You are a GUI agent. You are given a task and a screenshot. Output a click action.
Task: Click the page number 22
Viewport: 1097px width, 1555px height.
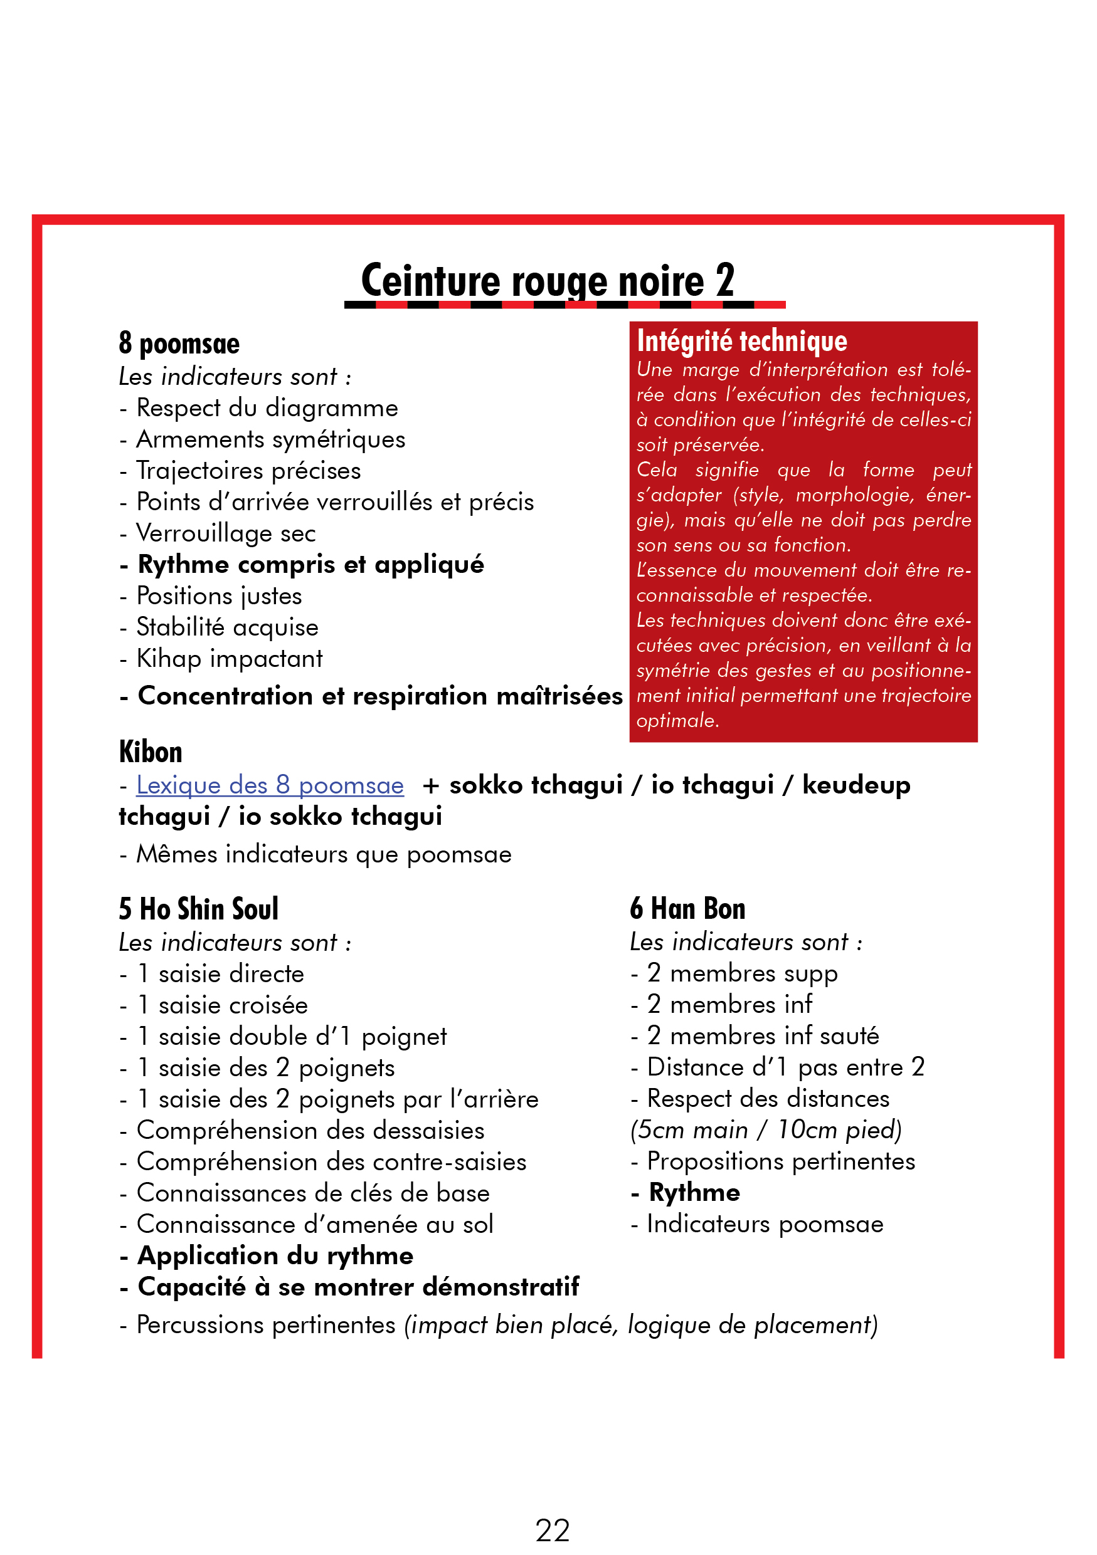(x=551, y=1529)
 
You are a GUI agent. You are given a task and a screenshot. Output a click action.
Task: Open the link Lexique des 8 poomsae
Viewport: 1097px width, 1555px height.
(x=270, y=785)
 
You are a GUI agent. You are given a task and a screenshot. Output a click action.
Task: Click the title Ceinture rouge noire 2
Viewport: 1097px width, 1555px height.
(x=548, y=280)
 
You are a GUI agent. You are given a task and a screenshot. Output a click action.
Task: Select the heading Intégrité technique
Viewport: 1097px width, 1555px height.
(x=741, y=341)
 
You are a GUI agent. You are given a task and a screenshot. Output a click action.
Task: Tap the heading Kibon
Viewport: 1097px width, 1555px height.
(x=151, y=751)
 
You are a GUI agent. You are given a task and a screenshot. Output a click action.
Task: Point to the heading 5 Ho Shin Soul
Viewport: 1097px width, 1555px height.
(x=199, y=908)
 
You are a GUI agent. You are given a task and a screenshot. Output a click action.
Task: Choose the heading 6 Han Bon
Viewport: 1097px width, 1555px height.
(x=687, y=908)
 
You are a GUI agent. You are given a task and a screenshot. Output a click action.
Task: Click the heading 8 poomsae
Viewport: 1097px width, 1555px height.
(x=179, y=343)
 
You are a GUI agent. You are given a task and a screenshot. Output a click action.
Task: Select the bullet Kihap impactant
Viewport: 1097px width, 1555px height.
(x=229, y=658)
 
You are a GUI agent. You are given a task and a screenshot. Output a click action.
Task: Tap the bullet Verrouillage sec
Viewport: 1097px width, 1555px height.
(x=226, y=533)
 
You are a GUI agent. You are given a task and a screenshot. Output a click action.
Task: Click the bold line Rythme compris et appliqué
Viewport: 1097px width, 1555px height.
(x=310, y=564)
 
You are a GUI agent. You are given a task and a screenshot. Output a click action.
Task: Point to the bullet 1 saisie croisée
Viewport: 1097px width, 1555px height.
(x=222, y=1005)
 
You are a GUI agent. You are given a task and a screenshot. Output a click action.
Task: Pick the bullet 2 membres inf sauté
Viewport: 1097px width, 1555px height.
(x=762, y=1035)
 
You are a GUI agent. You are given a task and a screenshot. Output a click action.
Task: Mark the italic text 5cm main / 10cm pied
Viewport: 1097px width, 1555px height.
(x=766, y=1129)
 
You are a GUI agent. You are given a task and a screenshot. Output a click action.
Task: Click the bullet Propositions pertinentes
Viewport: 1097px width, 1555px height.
(x=781, y=1161)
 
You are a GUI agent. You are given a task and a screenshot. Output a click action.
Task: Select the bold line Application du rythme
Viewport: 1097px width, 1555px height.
(x=275, y=1255)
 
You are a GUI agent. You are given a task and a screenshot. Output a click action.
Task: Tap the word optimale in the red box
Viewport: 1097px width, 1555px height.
(x=677, y=720)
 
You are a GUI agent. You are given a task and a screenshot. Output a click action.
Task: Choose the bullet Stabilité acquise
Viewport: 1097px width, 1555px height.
(x=227, y=627)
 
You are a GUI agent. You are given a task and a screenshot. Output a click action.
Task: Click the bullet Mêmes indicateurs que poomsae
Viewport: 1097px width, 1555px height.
(x=323, y=854)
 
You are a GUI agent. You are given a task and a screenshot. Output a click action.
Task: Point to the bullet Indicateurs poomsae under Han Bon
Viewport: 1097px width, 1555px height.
(x=765, y=1224)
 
